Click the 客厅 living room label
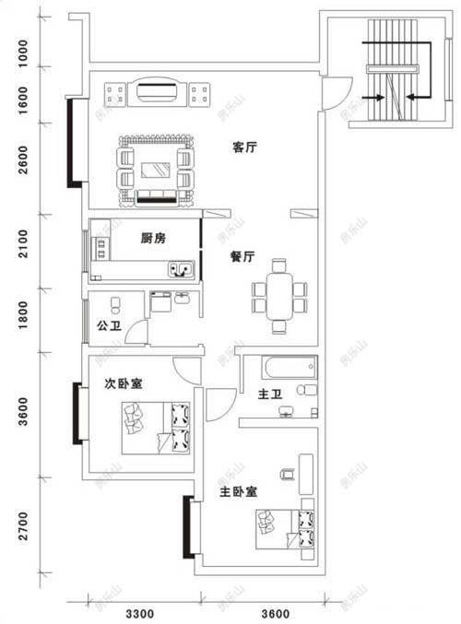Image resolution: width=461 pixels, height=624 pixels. [243, 147]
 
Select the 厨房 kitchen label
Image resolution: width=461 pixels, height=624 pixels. [153, 238]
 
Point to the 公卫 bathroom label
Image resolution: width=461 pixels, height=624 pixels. [107, 325]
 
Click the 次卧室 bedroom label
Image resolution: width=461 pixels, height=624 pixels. [123, 384]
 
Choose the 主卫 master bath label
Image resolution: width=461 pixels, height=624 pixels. [270, 396]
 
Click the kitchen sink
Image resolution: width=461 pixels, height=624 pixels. [181, 269]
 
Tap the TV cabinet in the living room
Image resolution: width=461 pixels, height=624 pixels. [160, 93]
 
